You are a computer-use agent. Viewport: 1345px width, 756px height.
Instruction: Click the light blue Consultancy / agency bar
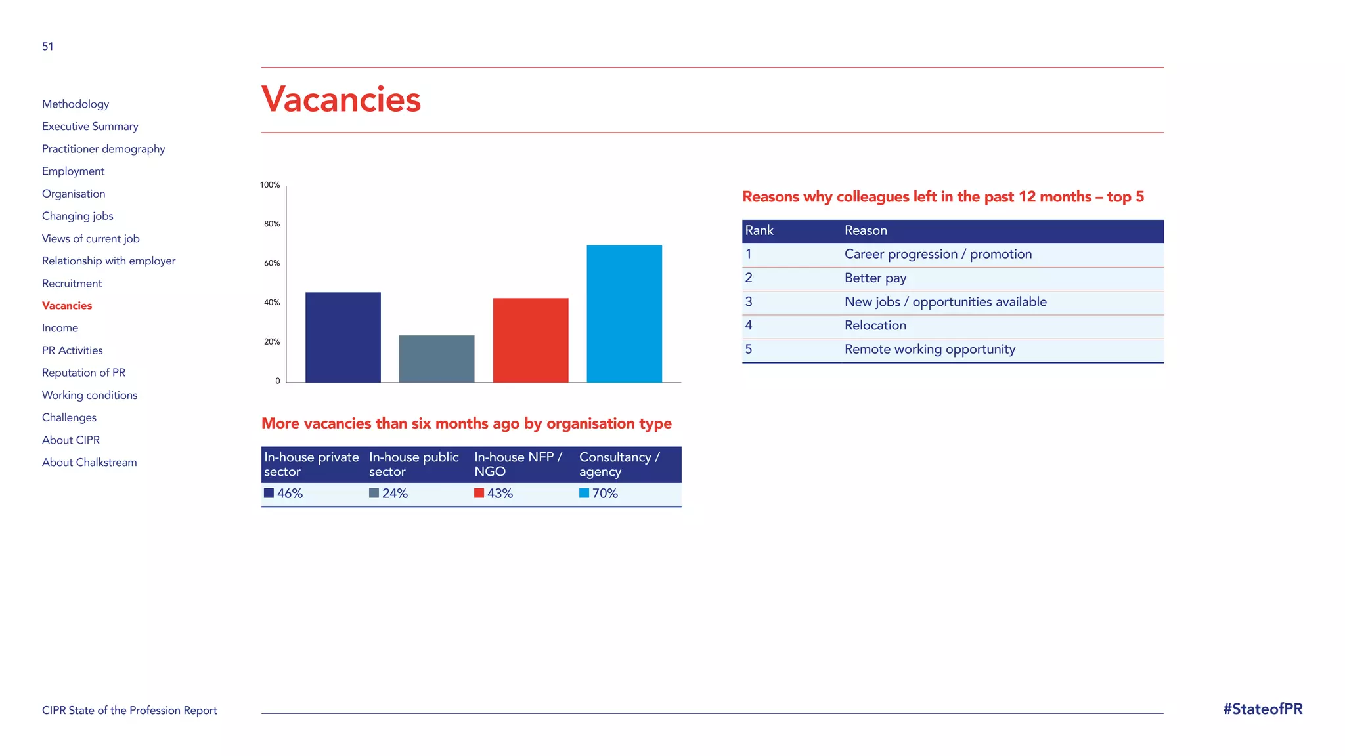pos(624,314)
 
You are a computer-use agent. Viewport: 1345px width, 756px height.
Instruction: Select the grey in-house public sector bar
pos(437,359)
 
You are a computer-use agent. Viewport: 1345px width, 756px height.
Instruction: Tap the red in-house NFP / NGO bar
pos(531,340)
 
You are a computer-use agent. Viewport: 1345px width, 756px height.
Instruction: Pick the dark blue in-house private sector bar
pos(343,337)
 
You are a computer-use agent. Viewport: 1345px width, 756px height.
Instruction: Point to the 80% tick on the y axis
pos(272,224)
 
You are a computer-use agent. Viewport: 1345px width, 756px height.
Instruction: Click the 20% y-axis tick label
pos(272,342)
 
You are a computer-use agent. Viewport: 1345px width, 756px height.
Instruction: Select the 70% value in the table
pos(605,493)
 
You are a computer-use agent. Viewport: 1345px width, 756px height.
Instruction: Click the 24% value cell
pos(395,493)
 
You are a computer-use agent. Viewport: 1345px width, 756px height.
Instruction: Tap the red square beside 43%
pos(479,493)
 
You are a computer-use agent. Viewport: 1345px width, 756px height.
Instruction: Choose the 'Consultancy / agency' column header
pos(619,465)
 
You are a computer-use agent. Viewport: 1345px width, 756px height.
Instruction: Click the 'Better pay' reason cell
pos(875,278)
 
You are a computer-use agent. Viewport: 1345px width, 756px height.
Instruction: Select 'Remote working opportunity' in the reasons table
pos(929,350)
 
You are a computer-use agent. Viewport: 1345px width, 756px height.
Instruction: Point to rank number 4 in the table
pos(749,325)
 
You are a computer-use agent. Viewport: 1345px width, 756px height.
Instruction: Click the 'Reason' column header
pos(866,231)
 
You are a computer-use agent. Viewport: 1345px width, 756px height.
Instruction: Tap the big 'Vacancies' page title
pos(341,100)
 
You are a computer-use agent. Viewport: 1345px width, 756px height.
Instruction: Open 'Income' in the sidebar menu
pos(60,328)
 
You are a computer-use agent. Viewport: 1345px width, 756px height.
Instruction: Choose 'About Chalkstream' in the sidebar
pos(89,463)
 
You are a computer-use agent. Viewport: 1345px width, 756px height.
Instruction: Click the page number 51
pos(48,47)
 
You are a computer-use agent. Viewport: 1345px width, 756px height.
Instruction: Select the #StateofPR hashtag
pos(1262,709)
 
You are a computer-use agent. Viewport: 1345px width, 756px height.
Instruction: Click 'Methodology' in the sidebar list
pos(76,104)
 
